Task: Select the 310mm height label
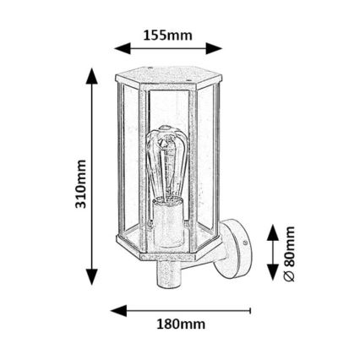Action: click(x=81, y=186)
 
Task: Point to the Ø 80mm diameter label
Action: click(x=289, y=252)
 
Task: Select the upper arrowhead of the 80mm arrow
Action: click(x=272, y=229)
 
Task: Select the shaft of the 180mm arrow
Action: click(x=186, y=309)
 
